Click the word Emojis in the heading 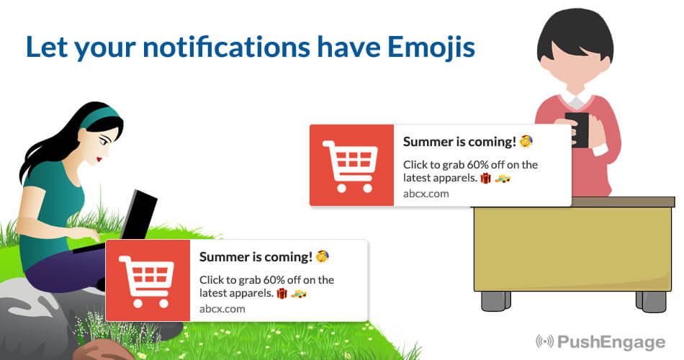coord(431,47)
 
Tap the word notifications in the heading coord(226,46)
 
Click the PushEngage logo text coord(611,342)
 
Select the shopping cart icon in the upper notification coord(350,166)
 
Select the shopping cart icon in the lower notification coord(146,281)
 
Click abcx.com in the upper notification coord(426,193)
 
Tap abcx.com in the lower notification coord(222,308)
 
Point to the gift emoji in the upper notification coord(485,178)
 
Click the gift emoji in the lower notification coord(282,293)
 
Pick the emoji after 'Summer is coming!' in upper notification coord(526,141)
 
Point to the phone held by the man coord(577,130)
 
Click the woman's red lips coord(99,159)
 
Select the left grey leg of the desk coord(496,300)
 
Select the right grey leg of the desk coord(652,301)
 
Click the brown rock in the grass coord(104,350)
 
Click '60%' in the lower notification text coord(274,279)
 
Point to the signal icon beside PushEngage coord(545,341)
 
